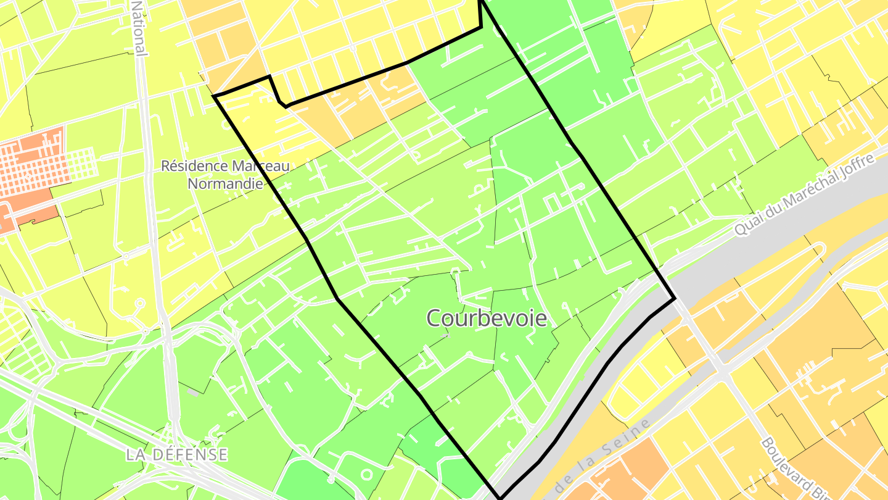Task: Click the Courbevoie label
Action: click(487, 318)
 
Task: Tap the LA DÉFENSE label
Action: click(176, 454)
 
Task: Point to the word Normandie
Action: click(225, 183)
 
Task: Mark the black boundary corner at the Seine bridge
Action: click(675, 299)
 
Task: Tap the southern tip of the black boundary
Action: click(500, 497)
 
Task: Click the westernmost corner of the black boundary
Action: click(214, 96)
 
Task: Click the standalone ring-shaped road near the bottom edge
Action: click(366, 475)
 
